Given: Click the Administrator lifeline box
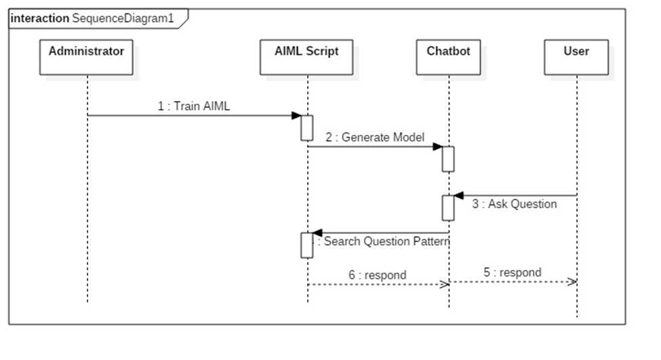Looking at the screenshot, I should coord(86,57).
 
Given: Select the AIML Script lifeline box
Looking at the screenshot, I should coord(307,57).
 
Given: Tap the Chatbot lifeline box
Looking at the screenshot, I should coord(448,57).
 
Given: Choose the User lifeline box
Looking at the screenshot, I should coord(576,57).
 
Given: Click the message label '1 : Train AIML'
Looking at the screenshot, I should coord(194,106).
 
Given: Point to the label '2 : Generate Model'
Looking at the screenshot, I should coord(374,137).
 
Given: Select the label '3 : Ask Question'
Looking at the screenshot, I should coord(515,203).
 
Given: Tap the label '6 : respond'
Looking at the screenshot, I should coord(377,275).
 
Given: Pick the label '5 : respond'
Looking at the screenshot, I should coord(513,273).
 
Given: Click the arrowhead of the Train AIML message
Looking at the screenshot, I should coord(296,115).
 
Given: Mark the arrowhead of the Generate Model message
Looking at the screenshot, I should coord(438,146).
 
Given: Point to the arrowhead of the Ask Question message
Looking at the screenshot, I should coord(459,196).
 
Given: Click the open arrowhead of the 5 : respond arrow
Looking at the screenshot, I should coord(573,281).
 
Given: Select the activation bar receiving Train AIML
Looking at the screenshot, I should coord(306,128).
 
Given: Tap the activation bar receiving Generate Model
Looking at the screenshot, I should coord(448,159).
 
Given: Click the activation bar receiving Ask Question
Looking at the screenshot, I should coord(448,207).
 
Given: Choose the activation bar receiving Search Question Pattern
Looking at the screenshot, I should coord(306,245).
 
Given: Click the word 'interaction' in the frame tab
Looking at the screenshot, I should coord(40,18).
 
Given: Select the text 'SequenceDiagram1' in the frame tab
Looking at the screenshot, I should coord(123,18).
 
